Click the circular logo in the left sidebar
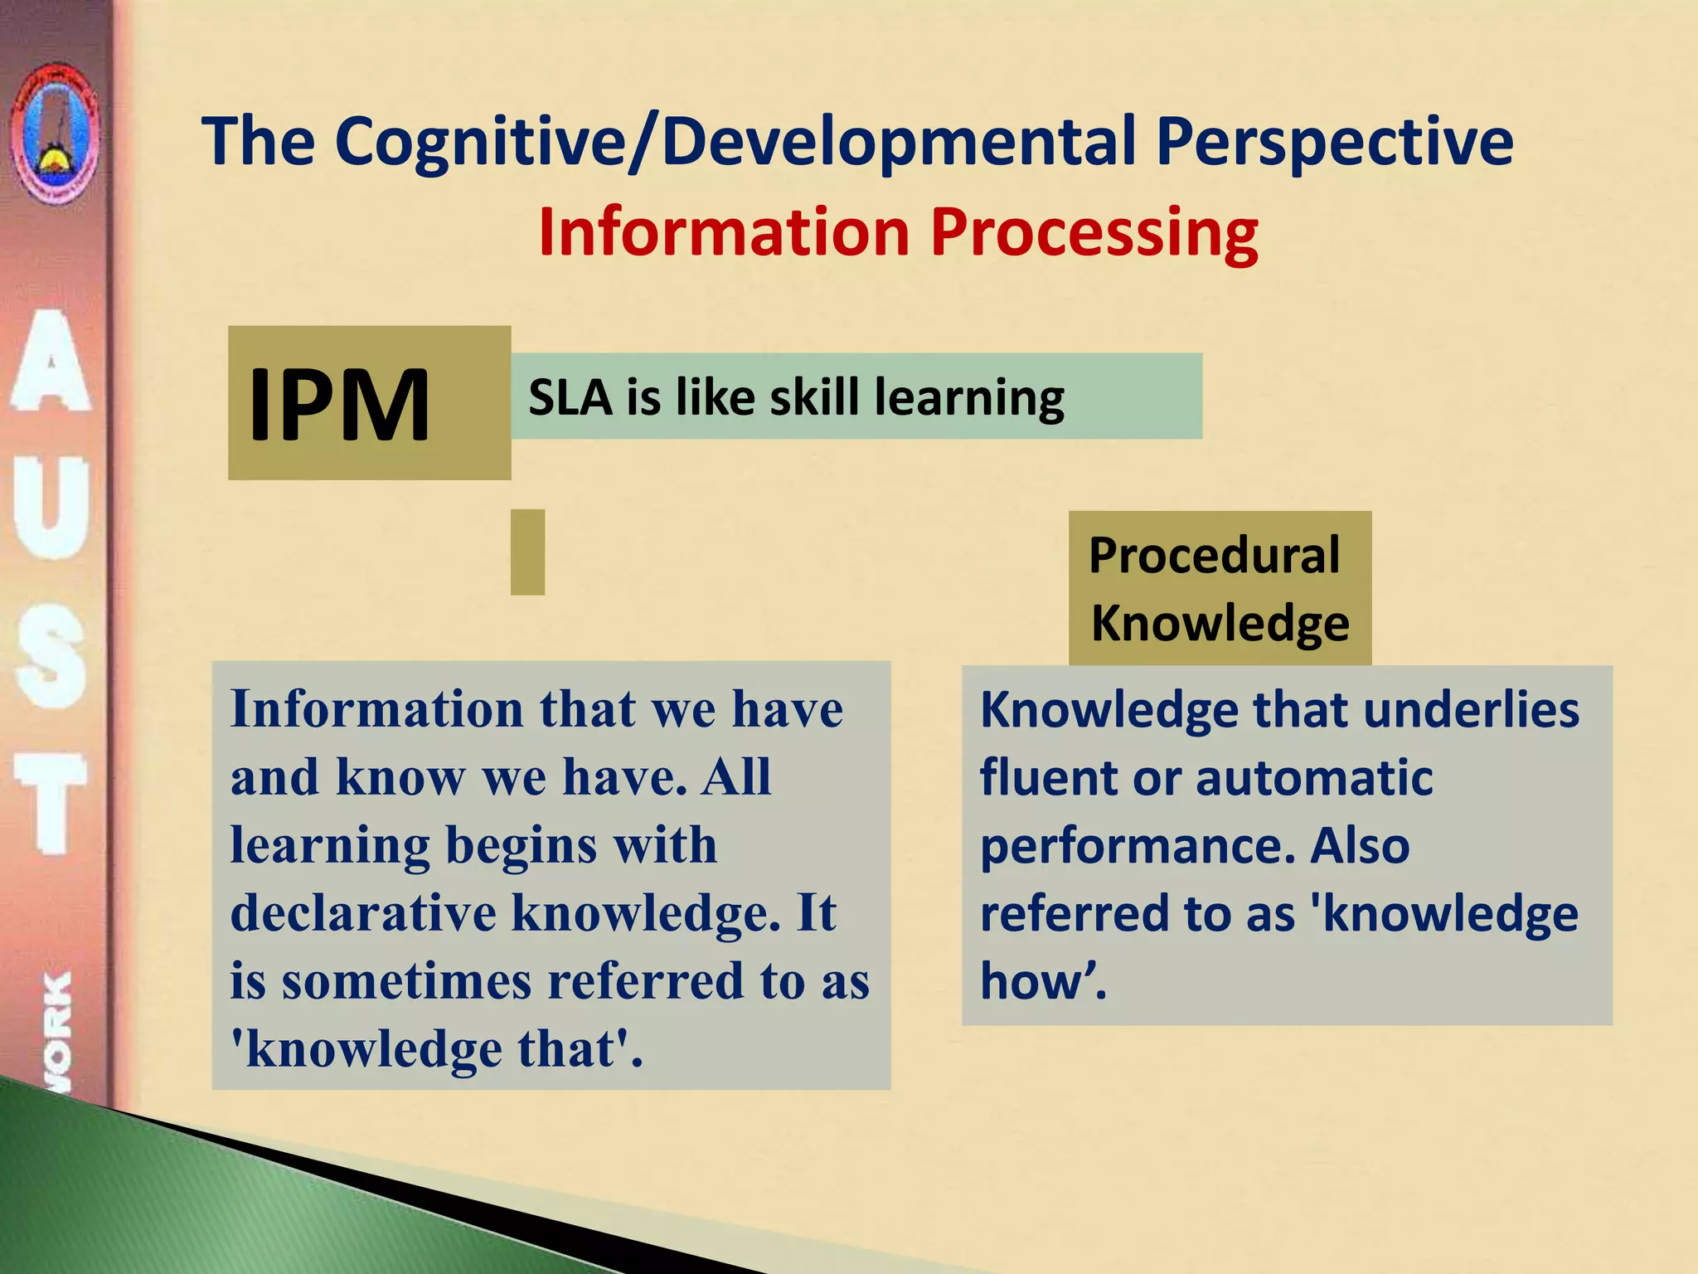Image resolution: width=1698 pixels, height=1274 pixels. tap(55, 133)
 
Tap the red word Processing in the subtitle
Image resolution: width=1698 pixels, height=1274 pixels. tap(1094, 234)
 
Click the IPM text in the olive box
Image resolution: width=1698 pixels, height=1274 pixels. tap(339, 405)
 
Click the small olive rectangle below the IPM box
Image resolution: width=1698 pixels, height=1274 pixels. tap(527, 552)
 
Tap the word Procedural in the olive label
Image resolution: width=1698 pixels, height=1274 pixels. tap(1214, 555)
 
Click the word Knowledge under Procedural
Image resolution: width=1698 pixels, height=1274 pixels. tap(1220, 623)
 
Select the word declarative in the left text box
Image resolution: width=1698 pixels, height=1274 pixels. tap(363, 913)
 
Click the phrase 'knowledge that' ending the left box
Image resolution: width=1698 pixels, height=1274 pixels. tap(436, 1049)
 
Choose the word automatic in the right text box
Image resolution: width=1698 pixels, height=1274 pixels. tap(1314, 779)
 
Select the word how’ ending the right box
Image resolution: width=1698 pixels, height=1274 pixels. tap(1041, 981)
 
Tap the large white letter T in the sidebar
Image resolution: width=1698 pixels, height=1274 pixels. tap(51, 803)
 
